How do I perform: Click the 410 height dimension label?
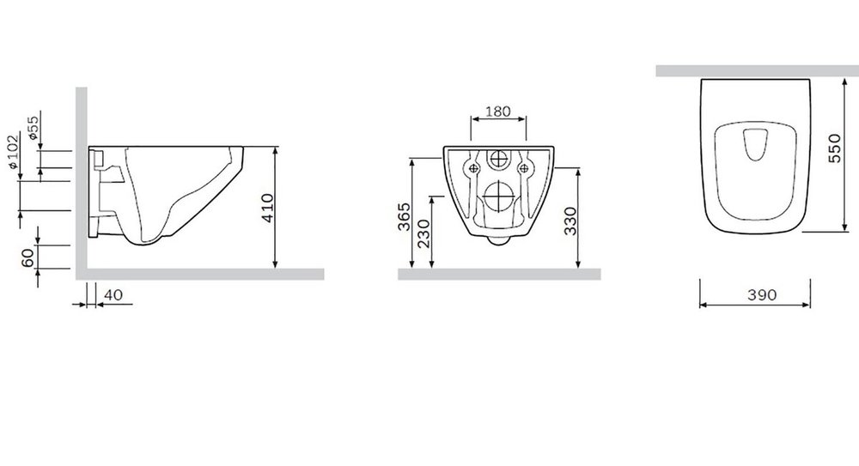coord(268,208)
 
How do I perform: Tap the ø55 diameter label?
coord(33,127)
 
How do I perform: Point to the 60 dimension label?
coord(28,257)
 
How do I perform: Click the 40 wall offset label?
coord(113,294)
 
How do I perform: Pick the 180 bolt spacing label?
coord(498,112)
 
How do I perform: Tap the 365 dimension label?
coord(404,217)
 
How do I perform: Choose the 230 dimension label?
coord(424,233)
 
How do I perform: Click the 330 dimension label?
coord(570,221)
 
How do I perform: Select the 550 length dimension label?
coord(834,148)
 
